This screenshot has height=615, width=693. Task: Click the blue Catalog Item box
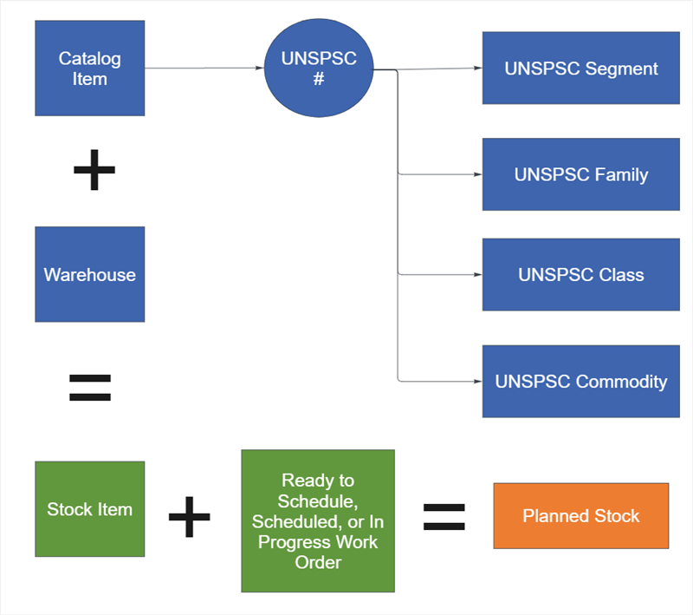[x=89, y=69]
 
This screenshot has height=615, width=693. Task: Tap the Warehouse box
[x=89, y=274]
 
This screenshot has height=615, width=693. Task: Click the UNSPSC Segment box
[x=580, y=69]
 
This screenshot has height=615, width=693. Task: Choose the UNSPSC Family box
[x=580, y=174]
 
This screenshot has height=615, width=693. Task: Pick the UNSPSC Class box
[x=580, y=275]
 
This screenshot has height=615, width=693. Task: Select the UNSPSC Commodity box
[x=580, y=382]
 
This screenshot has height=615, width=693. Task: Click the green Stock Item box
[x=89, y=509]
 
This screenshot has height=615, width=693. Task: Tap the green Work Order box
[x=318, y=521]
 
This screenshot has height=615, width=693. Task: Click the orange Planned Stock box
[x=580, y=516]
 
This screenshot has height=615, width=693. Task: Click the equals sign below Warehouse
[x=90, y=388]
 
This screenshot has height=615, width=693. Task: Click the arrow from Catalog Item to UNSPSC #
[x=204, y=69]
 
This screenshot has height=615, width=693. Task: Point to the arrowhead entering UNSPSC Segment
[x=477, y=69]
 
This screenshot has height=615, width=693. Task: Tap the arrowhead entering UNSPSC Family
[x=477, y=174]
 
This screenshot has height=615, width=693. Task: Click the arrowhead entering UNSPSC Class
[x=477, y=275]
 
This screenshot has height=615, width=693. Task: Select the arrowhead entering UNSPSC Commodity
[x=477, y=382]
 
